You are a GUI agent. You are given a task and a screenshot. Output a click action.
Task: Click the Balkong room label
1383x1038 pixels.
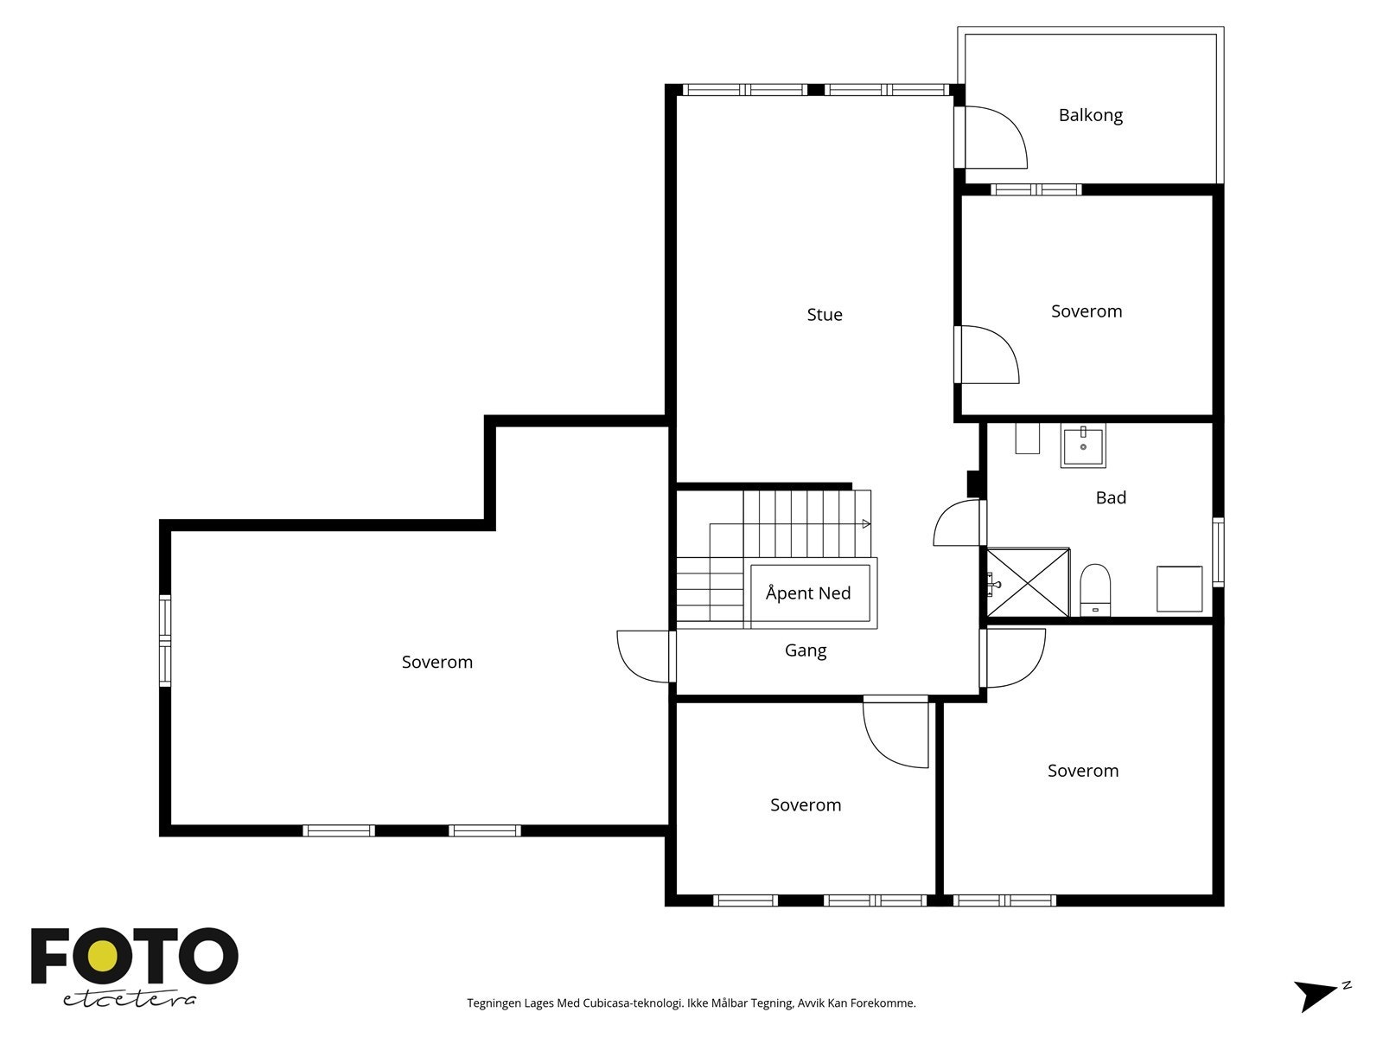(1090, 115)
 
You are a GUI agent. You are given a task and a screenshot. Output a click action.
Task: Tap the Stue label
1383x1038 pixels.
(824, 315)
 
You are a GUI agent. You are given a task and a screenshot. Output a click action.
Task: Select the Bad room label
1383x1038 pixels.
(1111, 498)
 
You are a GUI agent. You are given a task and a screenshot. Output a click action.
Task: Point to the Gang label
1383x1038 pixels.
(806, 650)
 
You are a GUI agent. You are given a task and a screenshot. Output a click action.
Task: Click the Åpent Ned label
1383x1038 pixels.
(807, 593)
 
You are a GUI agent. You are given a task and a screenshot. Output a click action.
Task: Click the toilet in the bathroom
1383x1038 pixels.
(1095, 590)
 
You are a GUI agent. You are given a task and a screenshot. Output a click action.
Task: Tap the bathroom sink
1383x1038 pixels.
(1083, 445)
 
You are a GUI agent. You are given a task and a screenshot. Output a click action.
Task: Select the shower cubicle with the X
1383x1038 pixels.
(1028, 582)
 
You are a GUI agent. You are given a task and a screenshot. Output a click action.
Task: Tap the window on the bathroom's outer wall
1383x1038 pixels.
(1219, 553)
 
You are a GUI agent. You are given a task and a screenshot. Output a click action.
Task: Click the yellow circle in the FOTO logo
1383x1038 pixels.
(102, 958)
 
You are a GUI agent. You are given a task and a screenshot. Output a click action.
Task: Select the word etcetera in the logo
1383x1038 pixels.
(130, 999)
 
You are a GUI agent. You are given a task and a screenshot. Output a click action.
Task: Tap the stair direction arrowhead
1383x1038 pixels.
(866, 523)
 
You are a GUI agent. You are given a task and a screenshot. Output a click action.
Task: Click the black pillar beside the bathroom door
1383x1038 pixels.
(973, 484)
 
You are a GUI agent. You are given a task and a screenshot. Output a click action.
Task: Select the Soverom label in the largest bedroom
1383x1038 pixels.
(437, 663)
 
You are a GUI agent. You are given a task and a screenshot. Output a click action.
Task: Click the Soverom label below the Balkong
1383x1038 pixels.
(1087, 311)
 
